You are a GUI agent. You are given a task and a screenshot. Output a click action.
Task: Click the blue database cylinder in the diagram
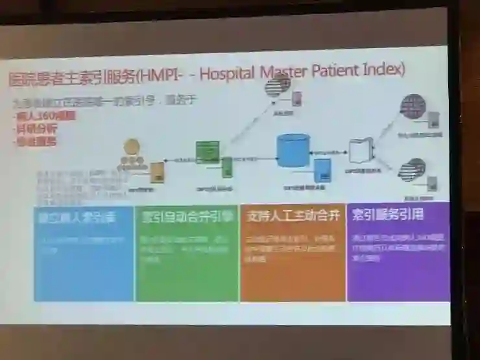(293, 150)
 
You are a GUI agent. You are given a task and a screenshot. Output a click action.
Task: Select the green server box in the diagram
(207, 152)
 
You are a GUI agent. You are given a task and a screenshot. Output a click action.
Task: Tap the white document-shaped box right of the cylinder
(361, 150)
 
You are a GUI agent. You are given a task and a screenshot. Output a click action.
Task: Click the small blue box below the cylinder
(322, 171)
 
